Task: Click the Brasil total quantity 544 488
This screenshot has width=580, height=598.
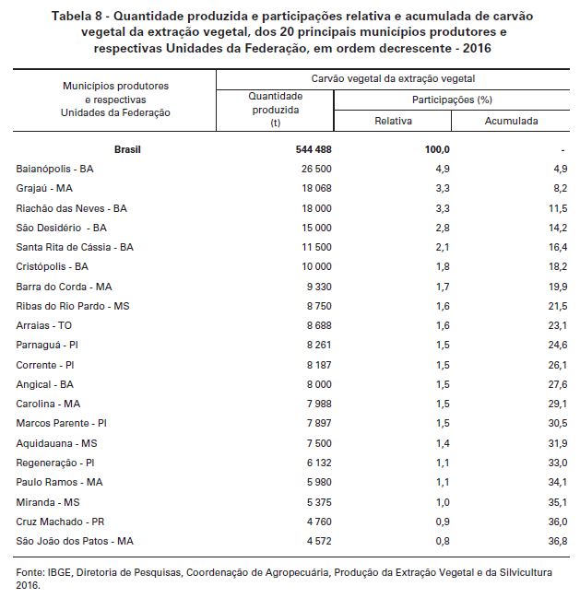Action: [314, 149]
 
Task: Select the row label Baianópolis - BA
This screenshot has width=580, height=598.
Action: [54, 169]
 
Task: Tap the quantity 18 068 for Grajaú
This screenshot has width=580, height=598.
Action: [316, 188]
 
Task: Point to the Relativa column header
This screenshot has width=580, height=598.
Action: [393, 121]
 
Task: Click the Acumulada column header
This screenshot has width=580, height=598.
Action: [512, 121]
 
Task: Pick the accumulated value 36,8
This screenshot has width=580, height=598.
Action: [558, 541]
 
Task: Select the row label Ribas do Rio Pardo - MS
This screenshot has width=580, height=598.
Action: [73, 306]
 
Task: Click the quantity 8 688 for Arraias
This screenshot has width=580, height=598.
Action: [319, 325]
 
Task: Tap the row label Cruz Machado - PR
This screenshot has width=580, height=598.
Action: [60, 522]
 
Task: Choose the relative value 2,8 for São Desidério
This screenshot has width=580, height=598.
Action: [443, 229]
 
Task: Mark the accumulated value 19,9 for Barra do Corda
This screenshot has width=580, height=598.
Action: [558, 287]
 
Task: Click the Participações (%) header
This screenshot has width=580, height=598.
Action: [452, 100]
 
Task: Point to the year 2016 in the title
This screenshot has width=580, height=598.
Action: [477, 49]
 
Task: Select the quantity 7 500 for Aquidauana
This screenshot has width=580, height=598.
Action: [319, 443]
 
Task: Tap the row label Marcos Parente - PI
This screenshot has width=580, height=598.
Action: [61, 423]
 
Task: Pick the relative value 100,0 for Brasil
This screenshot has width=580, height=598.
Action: [437, 149]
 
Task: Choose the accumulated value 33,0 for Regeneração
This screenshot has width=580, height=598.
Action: [558, 463]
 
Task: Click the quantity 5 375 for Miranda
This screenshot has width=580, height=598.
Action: [319, 502]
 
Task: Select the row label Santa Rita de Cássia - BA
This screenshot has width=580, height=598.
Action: [75, 247]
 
